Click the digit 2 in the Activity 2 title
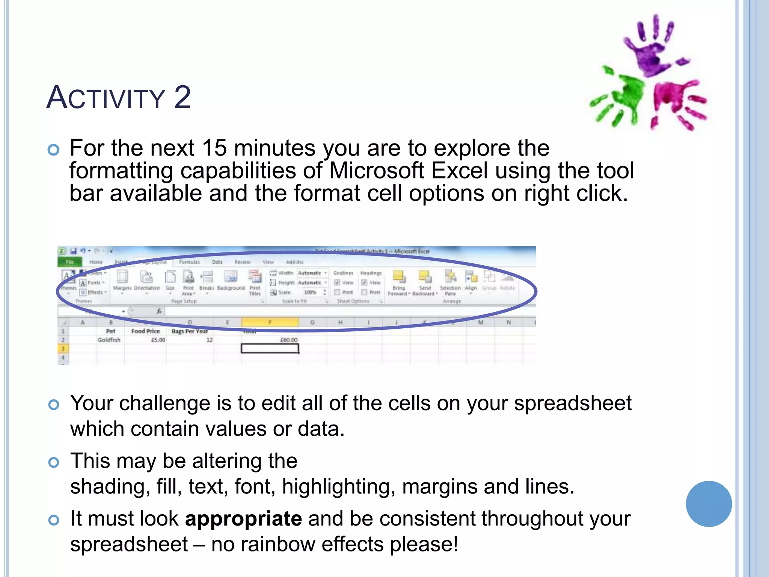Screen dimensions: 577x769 pyautogui.click(x=182, y=97)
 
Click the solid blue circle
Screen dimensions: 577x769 pyautogui.click(x=709, y=504)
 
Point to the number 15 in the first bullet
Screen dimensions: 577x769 pyautogui.click(x=214, y=148)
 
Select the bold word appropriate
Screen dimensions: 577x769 pyautogui.click(x=243, y=519)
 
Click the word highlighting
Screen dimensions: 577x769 pyautogui.click(x=339, y=486)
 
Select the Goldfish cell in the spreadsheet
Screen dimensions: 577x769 pyautogui.click(x=109, y=340)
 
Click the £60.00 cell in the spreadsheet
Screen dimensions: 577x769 pyautogui.click(x=288, y=340)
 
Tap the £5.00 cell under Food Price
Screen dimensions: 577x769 pyautogui.click(x=158, y=340)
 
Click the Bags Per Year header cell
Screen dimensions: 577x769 pyautogui.click(x=190, y=331)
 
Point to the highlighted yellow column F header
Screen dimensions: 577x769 pyautogui.click(x=270, y=322)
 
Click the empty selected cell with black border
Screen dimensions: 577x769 pyautogui.click(x=270, y=349)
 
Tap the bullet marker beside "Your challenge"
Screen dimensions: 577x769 pyautogui.click(x=54, y=405)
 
